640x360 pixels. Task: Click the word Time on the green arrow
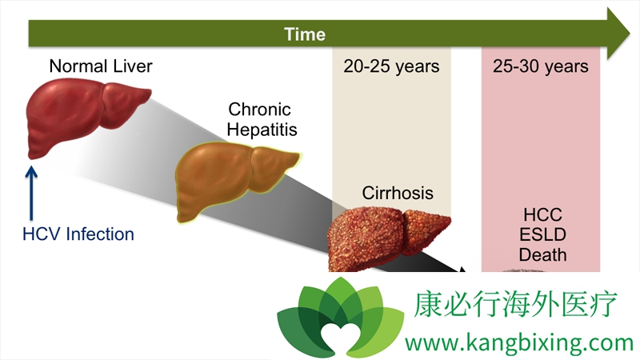[x=305, y=34]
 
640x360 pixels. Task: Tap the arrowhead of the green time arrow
[x=618, y=34]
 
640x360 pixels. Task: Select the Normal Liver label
[x=101, y=66]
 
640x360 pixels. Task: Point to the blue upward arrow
[x=31, y=193]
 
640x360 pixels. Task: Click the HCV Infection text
[x=78, y=234]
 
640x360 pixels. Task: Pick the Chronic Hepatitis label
[x=262, y=119]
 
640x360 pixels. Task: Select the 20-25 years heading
[x=391, y=66]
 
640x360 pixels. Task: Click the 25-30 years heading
[x=541, y=66]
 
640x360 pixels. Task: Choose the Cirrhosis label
[x=398, y=193]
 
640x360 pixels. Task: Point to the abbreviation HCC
[x=542, y=214]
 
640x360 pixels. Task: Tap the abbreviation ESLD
[x=542, y=234]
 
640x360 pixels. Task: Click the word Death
[x=542, y=254]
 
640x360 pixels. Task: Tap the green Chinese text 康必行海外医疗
[x=514, y=304]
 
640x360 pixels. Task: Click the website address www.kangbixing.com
[x=519, y=343]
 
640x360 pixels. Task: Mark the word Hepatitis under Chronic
[x=262, y=130]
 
